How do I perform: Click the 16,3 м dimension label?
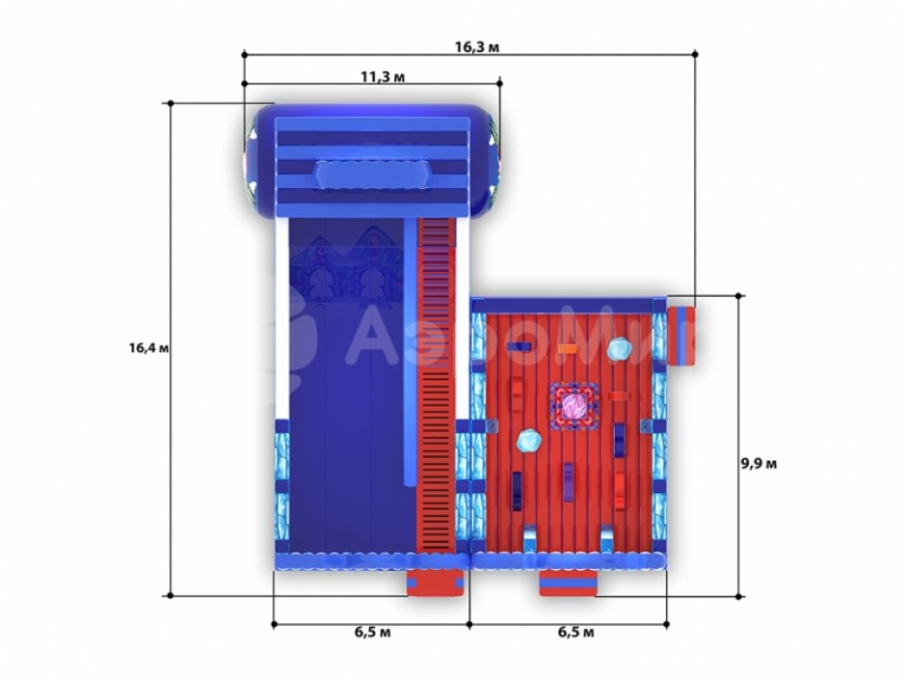477,47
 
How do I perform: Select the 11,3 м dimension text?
383,76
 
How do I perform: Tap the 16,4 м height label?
149,348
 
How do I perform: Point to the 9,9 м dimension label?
759,464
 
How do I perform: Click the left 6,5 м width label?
373,632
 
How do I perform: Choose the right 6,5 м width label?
575,632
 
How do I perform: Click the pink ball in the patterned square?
574,406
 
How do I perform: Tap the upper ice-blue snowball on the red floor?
620,349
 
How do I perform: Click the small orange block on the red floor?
568,349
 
